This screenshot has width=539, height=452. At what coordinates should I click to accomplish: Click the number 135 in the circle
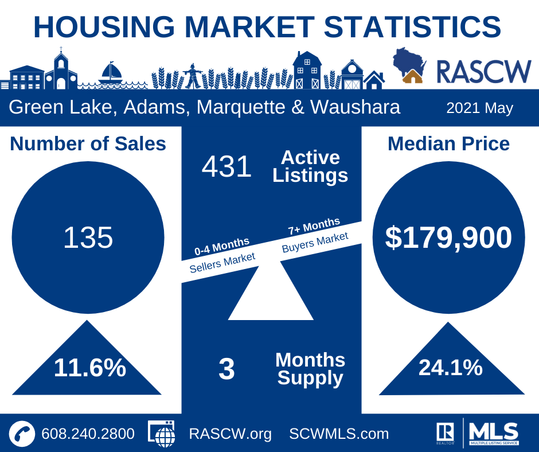coord(88,237)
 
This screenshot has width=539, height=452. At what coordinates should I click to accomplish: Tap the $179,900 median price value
coord(448,237)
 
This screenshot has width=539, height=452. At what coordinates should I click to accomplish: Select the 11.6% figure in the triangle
coord(90,368)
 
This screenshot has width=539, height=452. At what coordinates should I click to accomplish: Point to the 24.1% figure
coord(450,368)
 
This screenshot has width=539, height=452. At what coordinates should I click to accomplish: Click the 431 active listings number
coord(226,167)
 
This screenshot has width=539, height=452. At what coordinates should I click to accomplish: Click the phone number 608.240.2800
coord(88,434)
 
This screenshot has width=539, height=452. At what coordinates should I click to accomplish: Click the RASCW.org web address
coord(230,434)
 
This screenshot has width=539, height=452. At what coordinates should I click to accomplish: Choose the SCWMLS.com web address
coord(339,434)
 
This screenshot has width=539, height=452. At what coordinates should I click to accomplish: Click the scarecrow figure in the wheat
coord(193,76)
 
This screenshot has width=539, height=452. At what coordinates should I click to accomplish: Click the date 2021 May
coord(479,108)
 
